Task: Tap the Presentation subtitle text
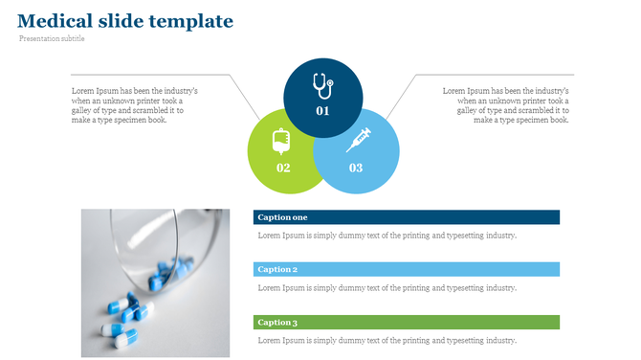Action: coord(52,39)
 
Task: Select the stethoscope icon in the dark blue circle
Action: coord(322,87)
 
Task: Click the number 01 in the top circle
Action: coord(322,111)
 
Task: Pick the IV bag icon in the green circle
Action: coord(281,142)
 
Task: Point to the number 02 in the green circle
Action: coord(283,168)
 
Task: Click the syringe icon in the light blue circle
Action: coord(358,140)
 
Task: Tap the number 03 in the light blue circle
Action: coord(356,168)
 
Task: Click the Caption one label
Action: coord(283,217)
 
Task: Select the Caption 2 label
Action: coord(277,270)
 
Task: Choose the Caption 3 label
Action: coord(277,323)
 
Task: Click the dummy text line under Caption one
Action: coord(387,236)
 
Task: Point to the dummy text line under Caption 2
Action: coord(387,287)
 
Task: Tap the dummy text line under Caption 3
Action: coord(387,340)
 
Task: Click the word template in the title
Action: coord(197,20)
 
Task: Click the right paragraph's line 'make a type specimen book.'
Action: coord(521,121)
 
